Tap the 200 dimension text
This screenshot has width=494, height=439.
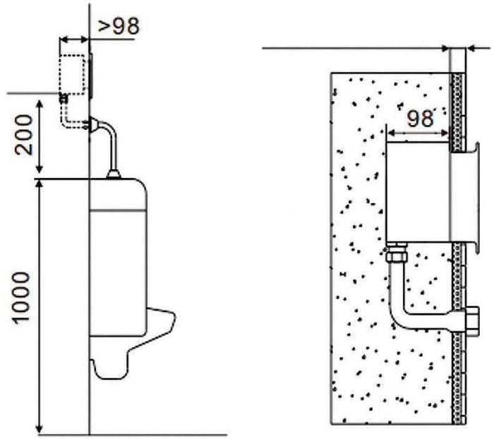25,135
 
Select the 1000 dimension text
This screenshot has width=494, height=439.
21,298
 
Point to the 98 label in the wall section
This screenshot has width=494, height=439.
419,119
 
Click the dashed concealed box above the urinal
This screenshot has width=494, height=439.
73,74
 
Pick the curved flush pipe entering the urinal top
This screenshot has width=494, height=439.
109,142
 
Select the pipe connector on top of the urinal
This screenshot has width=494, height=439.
114,174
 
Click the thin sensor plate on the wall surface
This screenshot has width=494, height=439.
91,76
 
